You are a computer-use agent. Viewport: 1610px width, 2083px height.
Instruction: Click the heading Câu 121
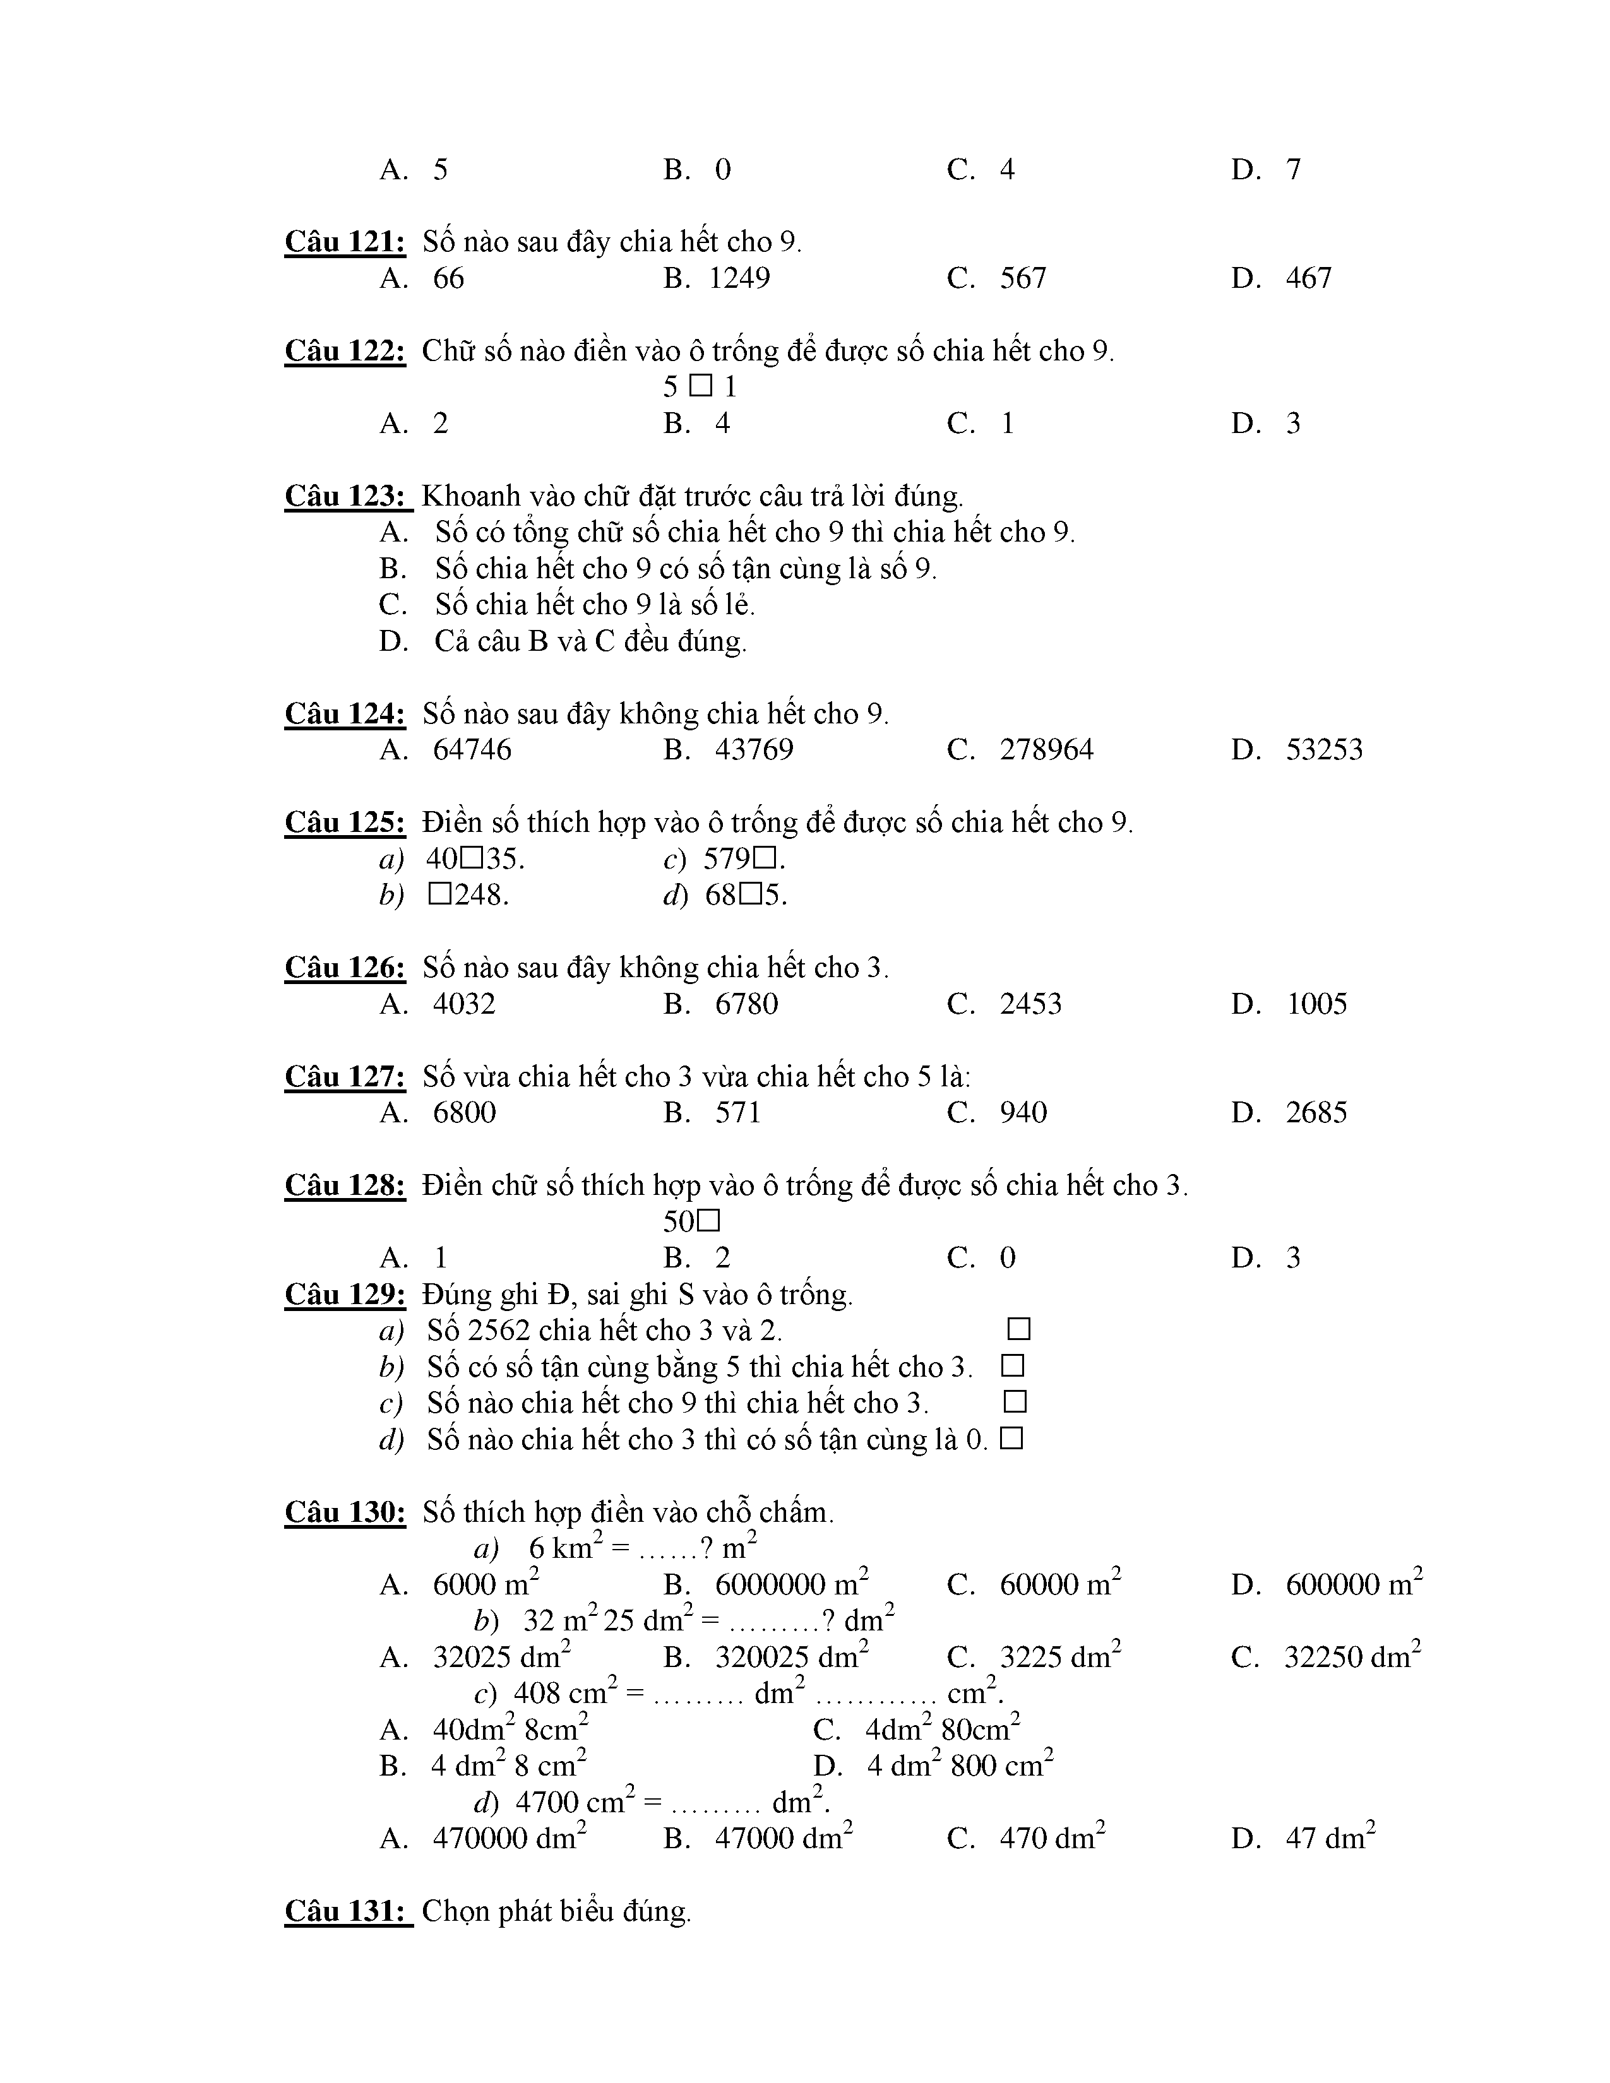click(x=345, y=242)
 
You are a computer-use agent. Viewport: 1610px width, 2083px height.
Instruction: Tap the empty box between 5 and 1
click(x=701, y=386)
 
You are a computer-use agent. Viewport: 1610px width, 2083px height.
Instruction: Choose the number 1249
click(x=739, y=278)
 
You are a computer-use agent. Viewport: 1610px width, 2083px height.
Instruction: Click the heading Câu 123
click(x=345, y=496)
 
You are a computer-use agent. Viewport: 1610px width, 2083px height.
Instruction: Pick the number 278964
click(x=1046, y=750)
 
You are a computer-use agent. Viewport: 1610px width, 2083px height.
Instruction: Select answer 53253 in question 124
click(x=1324, y=750)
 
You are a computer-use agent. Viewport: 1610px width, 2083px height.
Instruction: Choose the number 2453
click(x=1030, y=1004)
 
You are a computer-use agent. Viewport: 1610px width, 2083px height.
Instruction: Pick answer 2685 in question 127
click(x=1316, y=1113)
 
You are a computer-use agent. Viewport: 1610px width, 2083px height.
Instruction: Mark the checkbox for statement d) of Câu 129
click(x=1012, y=1439)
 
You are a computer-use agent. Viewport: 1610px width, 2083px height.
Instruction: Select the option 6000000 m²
click(x=790, y=1584)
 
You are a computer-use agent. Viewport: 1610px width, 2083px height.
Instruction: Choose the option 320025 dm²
click(x=790, y=1657)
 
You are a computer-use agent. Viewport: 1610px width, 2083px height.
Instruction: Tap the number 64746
click(x=472, y=750)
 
